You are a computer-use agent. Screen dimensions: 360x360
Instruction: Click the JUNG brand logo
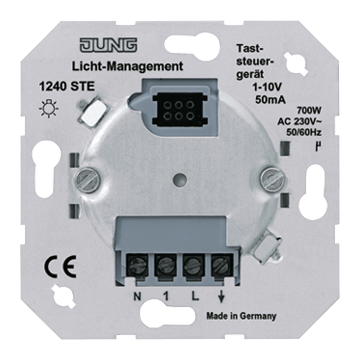tap(108, 45)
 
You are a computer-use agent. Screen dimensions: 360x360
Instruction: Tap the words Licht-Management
tap(128, 66)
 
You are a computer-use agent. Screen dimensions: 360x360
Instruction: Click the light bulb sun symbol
tap(49, 109)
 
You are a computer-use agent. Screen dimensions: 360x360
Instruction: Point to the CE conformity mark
tap(60, 268)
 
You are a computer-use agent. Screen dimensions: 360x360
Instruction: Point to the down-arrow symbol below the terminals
tap(221, 297)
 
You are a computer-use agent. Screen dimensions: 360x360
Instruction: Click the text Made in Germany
tap(241, 316)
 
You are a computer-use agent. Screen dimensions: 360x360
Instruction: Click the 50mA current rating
tap(270, 100)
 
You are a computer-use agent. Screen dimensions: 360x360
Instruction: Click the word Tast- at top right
tap(250, 49)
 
